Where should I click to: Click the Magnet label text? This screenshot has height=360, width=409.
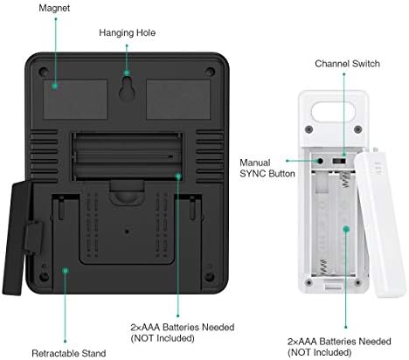(54, 8)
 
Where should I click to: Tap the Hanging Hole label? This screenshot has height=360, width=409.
(127, 32)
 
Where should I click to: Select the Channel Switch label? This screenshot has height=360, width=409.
(347, 64)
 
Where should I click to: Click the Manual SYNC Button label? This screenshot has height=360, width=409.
(267, 168)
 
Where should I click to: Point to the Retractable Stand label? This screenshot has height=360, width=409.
(69, 353)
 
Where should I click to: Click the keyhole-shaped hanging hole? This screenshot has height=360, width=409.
(127, 88)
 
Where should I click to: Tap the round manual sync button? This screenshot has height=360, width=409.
(321, 161)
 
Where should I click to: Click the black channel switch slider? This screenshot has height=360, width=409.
(339, 161)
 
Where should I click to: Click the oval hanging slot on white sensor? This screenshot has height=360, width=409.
(333, 112)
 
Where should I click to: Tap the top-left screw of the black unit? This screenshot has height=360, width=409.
(44, 71)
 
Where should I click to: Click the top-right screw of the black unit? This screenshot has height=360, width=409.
(210, 72)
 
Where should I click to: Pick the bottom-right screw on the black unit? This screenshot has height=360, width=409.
(210, 276)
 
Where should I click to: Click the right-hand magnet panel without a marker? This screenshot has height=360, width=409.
(178, 100)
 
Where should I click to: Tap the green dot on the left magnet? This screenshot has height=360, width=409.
(55, 86)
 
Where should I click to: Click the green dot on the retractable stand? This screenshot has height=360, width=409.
(66, 271)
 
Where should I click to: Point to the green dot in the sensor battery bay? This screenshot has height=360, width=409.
(346, 229)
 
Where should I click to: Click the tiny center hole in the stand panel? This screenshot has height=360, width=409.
(127, 232)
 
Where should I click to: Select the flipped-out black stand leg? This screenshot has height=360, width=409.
(19, 238)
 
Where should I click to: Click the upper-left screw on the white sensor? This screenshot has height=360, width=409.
(309, 129)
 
